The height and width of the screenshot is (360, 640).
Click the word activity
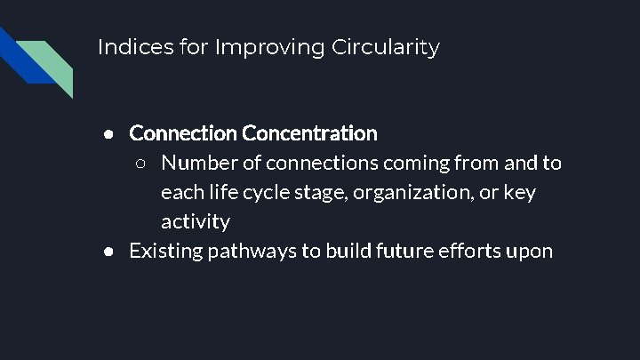tap(196, 221)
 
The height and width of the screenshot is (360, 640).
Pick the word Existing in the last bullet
tap(165, 251)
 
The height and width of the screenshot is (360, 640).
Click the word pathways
tap(253, 251)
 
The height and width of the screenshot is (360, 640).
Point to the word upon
tap(532, 252)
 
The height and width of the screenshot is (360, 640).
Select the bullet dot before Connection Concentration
tap(108, 134)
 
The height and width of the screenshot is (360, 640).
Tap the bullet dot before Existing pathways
tap(108, 252)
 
